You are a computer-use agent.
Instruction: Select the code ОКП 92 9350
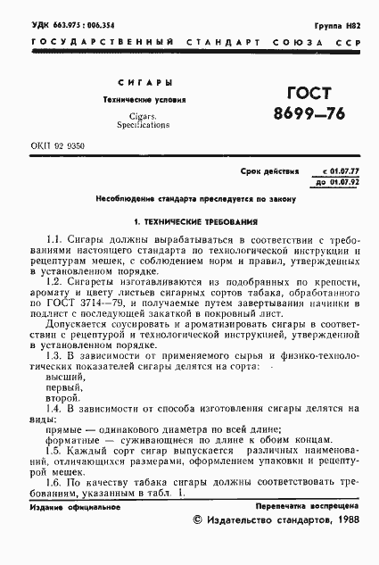click(x=56, y=145)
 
